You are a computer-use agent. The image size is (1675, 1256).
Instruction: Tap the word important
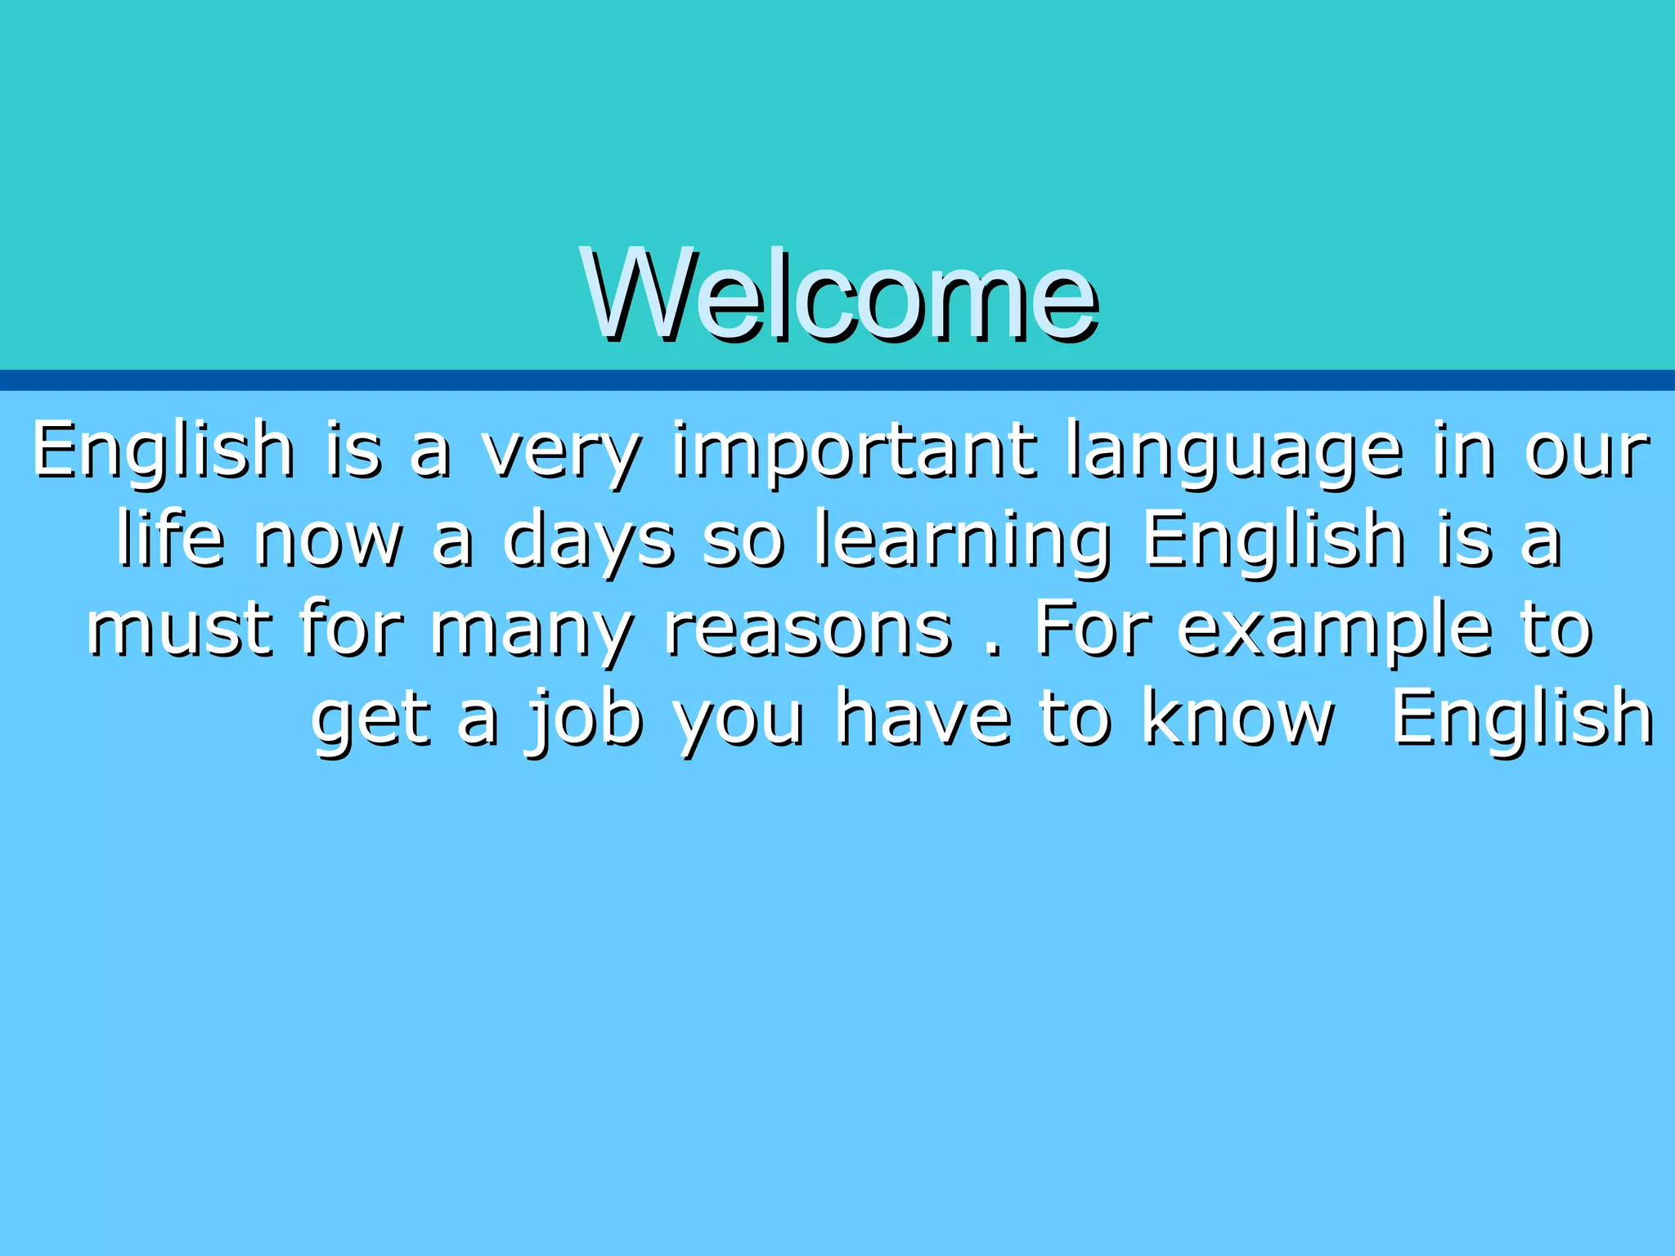(x=855, y=452)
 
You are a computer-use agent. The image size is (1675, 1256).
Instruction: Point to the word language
(x=1235, y=452)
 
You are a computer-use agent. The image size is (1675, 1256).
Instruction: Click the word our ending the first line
(x=1587, y=452)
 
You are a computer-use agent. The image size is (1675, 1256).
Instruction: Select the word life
(x=170, y=540)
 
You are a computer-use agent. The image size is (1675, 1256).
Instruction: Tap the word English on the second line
(x=1274, y=540)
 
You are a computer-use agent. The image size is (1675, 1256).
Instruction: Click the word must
(x=180, y=630)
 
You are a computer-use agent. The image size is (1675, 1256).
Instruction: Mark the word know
(x=1237, y=720)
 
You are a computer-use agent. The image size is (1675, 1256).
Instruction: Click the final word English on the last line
(x=1522, y=720)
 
